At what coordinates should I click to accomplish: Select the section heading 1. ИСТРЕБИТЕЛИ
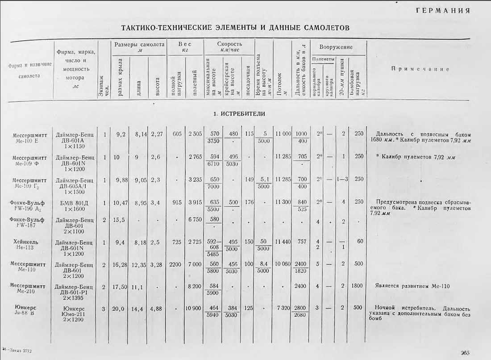tap(239, 114)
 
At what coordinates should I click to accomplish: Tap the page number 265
tap(465, 352)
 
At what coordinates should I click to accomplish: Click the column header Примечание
tap(420, 69)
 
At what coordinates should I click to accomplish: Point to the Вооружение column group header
tap(336, 47)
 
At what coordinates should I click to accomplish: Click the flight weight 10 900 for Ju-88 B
tap(194, 309)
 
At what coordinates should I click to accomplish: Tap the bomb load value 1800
tap(356, 287)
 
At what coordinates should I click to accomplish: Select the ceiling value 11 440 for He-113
tap(283, 242)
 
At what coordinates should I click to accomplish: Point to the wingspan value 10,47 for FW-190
tap(121, 202)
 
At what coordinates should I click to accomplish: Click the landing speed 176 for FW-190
tap(249, 202)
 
